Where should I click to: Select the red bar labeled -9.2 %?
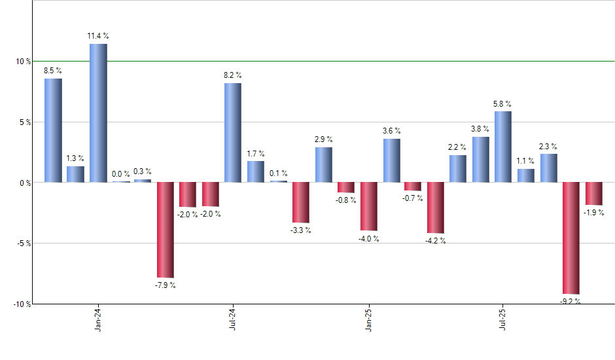coord(571,238)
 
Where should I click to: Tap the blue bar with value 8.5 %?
coord(53,130)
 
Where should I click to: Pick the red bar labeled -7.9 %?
coord(166,230)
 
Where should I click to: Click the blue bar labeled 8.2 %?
coord(233,132)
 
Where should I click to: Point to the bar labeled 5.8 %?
coord(503,147)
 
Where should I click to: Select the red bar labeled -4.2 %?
coord(436,207)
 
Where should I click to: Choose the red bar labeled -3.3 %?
coord(301,202)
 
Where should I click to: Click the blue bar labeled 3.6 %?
coord(391,160)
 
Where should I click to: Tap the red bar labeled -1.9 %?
coord(594,194)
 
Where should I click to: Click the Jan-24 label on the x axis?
coord(98,319)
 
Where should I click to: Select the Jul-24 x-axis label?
coord(233,319)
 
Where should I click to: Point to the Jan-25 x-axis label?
coord(368,319)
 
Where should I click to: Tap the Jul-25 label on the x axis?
coord(503,319)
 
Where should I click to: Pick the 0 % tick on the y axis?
coord(25,183)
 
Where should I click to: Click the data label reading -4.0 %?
coord(368,239)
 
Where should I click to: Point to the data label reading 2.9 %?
coord(323,139)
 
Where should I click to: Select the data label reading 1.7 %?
coord(256,154)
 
